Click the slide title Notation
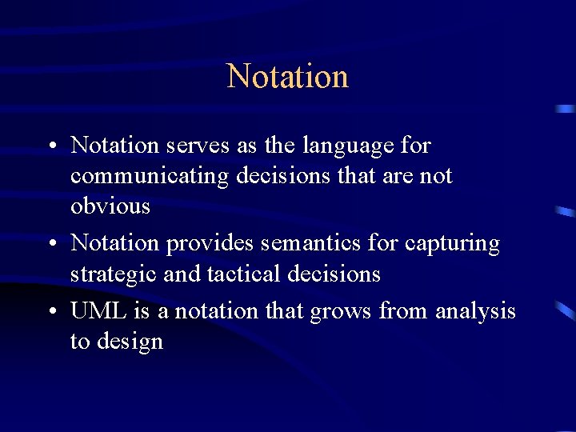[288, 77]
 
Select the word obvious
[110, 206]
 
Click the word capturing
[453, 243]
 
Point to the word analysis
[475, 311]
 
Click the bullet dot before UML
[50, 311]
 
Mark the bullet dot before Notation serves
[50, 146]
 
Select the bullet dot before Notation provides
[50, 244]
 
